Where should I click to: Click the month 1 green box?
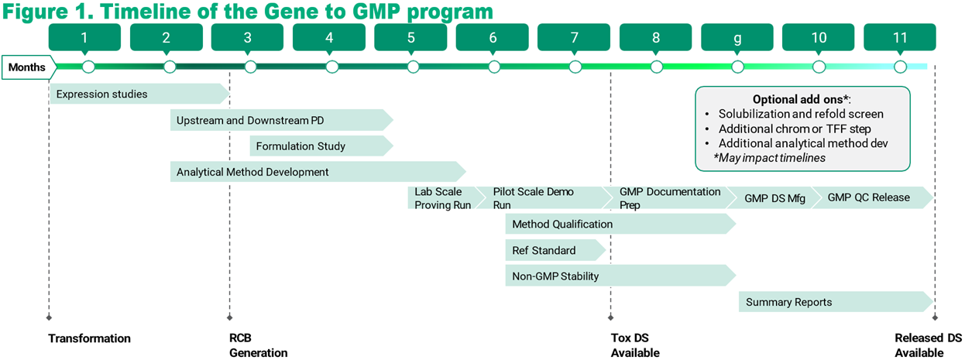click(84, 37)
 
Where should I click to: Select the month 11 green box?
click(899, 37)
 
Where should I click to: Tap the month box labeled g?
click(737, 37)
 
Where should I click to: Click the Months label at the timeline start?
click(27, 67)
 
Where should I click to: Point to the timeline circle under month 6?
click(494, 67)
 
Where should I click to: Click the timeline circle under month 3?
click(250, 67)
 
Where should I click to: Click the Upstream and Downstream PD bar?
click(279, 121)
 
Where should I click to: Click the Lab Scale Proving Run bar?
click(442, 198)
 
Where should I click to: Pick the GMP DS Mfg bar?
click(774, 198)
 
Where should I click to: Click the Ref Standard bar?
click(553, 250)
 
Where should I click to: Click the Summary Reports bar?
click(833, 302)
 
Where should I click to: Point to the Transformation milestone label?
click(89, 338)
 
